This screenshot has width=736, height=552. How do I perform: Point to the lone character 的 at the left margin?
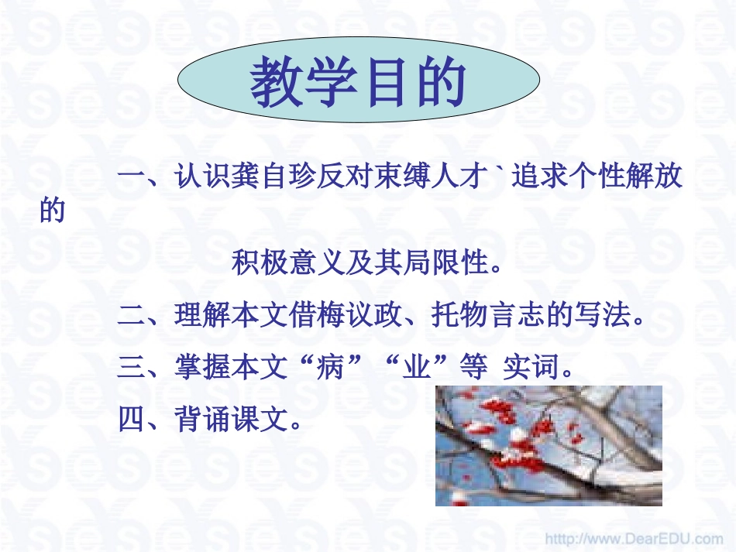[52, 211]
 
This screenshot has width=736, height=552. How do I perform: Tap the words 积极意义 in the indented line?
[289, 264]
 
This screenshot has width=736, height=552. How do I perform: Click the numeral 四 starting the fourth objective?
[130, 420]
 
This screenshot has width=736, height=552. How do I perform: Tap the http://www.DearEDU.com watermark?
[633, 537]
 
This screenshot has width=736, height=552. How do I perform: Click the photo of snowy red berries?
[549, 445]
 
